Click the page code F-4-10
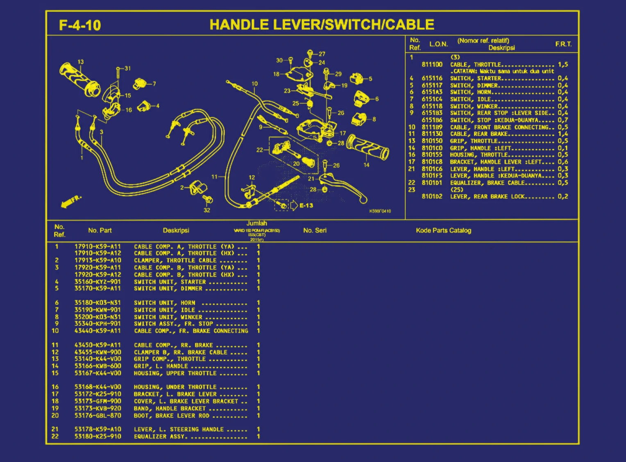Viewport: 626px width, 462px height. tap(80, 25)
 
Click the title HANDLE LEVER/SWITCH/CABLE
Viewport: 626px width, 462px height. tap(322, 25)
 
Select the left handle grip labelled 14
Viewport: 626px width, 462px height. tap(367, 148)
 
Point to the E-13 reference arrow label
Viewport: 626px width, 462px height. tap(306, 205)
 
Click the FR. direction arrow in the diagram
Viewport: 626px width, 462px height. tap(70, 201)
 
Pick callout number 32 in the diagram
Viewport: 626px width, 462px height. tap(207, 210)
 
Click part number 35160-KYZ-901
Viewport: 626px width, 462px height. tap(98, 282)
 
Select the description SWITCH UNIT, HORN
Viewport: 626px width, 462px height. tap(165, 303)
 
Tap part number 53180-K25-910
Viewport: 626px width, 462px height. tap(98, 436)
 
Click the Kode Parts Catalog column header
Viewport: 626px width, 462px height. tap(443, 230)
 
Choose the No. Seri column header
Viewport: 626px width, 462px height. tap(315, 230)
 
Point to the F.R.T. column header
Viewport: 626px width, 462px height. tap(563, 44)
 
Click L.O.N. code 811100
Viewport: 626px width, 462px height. tap(432, 64)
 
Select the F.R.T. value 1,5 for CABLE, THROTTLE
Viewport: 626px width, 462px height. tap(562, 64)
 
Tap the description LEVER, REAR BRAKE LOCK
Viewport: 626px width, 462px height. tap(487, 196)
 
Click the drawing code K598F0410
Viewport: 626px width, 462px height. tap(380, 211)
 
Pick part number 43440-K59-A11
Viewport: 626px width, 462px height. tap(98, 331)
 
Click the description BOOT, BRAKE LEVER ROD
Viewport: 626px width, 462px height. tap(171, 416)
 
